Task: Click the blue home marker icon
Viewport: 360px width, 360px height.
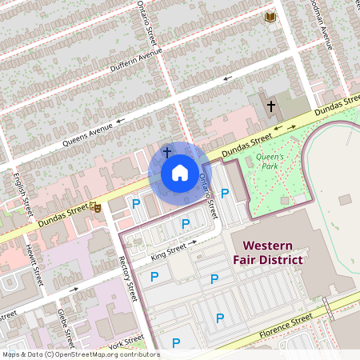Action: (x=179, y=172)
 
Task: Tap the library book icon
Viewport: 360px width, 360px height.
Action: (x=270, y=17)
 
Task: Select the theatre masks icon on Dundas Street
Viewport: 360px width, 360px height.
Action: (x=96, y=206)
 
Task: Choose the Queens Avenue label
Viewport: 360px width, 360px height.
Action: (x=87, y=133)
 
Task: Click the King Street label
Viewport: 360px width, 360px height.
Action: (x=169, y=254)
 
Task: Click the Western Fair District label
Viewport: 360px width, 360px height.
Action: (x=268, y=252)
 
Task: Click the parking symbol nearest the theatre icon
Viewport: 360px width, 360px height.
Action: (x=135, y=204)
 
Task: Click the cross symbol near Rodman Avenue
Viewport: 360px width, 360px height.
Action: (x=270, y=106)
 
